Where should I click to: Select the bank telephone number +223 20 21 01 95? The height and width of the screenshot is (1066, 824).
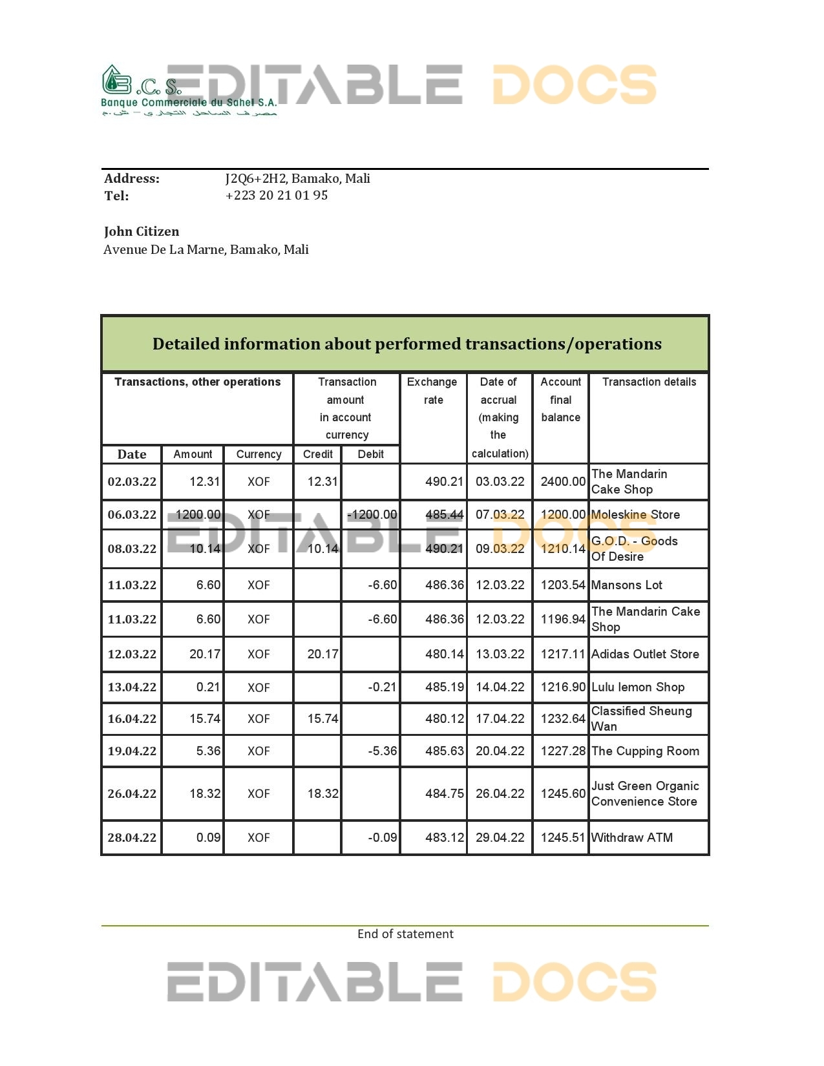coord(276,196)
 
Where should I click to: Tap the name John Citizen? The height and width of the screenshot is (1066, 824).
coord(142,232)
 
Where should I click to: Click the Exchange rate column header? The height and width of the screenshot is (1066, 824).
coord(432,391)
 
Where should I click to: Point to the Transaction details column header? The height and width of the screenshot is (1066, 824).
coord(649,382)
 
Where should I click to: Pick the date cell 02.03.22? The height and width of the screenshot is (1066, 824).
coord(132,482)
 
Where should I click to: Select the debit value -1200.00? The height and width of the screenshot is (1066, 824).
coord(372,515)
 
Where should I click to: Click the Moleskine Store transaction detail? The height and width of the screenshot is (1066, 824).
coord(635,515)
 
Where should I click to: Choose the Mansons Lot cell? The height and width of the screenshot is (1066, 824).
coord(626,585)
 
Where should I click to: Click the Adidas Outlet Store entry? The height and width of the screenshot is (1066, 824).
coord(645,654)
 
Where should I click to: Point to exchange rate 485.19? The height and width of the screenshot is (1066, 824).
coord(444,687)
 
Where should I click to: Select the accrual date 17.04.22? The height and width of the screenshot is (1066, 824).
coord(500,719)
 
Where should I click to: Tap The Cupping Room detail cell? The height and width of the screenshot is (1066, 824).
coord(645,751)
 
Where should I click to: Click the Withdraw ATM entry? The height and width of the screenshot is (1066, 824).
coord(631,838)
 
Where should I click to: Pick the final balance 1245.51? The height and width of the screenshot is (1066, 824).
coord(562,838)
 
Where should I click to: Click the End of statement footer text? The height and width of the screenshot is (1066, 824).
coord(405,934)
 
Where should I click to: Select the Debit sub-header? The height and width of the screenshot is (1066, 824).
coord(370,455)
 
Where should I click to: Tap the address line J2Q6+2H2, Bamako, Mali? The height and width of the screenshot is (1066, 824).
coord(297,179)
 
